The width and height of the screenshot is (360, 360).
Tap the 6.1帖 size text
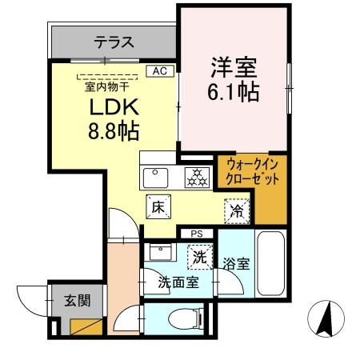coord(233,93)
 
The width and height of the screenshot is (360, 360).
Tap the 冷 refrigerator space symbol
coord(237,210)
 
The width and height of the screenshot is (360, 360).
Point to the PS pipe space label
coord(195,234)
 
